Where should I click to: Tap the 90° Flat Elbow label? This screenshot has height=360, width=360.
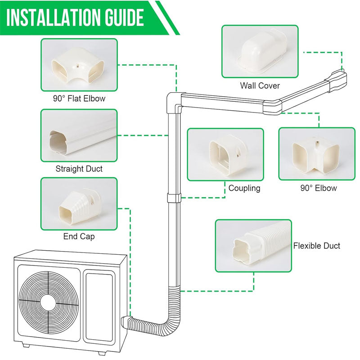pos(79,98)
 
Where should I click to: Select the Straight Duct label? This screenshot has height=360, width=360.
pos(79,169)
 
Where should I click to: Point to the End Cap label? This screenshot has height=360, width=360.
pos(79,236)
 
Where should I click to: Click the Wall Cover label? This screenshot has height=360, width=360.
pos(260,85)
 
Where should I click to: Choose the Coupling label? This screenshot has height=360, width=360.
pos(244,188)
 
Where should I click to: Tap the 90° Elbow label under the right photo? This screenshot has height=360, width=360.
pos(318,188)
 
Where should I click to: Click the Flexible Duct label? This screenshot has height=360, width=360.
pos(317,246)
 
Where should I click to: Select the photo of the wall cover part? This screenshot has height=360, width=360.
pos(260,51)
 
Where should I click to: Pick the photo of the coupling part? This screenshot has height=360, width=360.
pos(225,155)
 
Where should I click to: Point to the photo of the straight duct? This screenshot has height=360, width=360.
pos(79,135)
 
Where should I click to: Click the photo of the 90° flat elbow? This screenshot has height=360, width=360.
pos(79,64)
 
